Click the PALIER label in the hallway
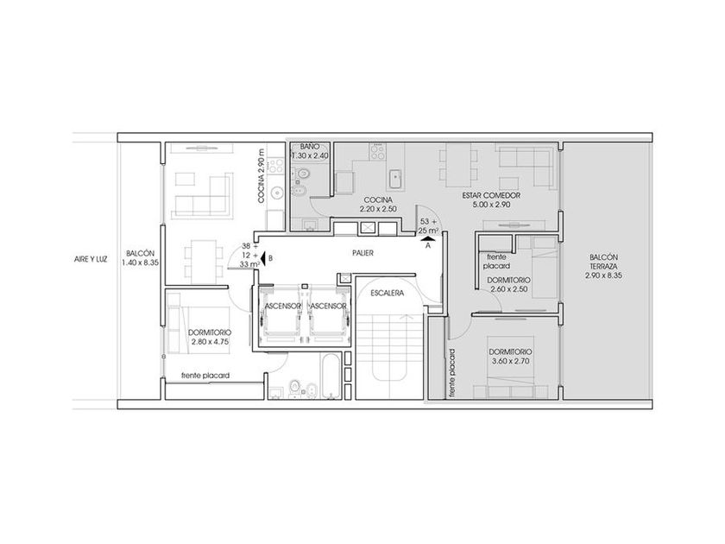(x=363, y=253)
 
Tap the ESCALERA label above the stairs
(x=387, y=293)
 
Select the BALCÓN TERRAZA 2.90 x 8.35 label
(x=603, y=266)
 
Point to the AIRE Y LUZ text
(x=91, y=260)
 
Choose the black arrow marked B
(x=262, y=258)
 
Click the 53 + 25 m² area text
(x=429, y=225)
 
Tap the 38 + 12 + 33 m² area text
(x=249, y=256)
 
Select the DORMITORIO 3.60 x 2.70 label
(x=510, y=357)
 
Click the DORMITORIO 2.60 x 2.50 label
(x=508, y=284)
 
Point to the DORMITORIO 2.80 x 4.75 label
(x=210, y=338)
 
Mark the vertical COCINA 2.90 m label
(x=262, y=176)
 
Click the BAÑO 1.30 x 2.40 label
(x=310, y=151)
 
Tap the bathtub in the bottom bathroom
(x=331, y=376)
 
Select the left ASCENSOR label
(x=282, y=307)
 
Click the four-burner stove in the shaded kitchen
(x=377, y=151)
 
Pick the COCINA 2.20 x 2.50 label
(x=378, y=205)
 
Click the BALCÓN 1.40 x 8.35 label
(x=141, y=258)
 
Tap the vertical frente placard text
(x=452, y=373)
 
